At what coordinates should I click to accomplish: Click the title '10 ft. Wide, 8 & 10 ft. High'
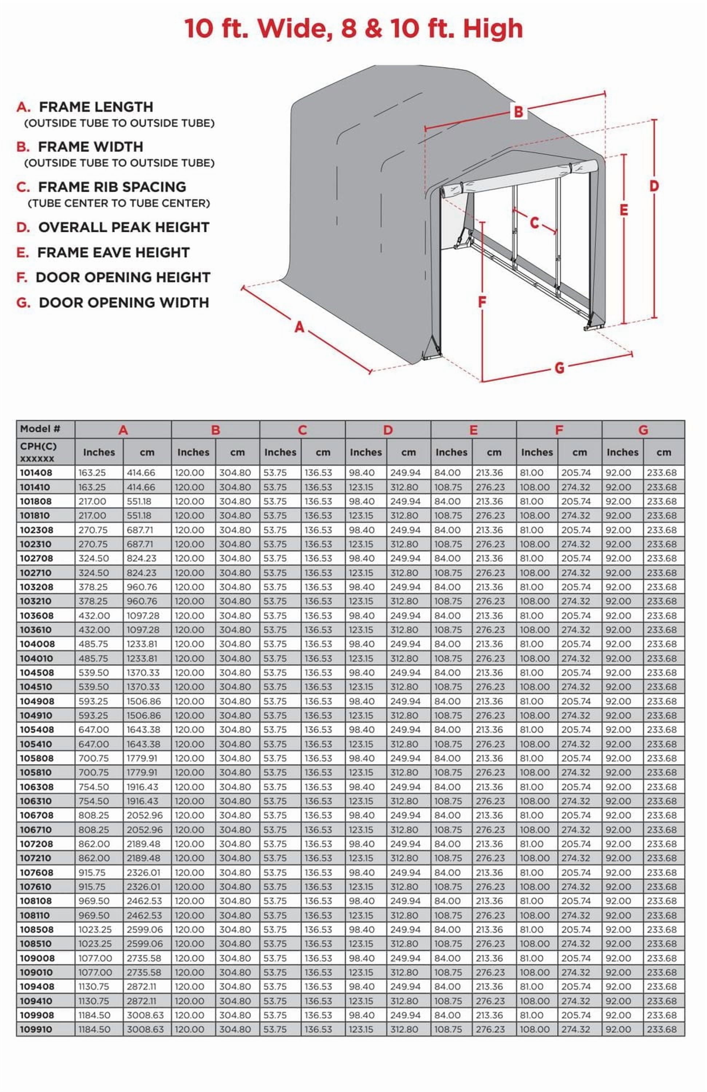click(353, 28)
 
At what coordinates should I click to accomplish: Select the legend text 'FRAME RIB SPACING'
click(112, 187)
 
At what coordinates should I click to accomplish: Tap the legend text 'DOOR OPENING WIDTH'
click(124, 303)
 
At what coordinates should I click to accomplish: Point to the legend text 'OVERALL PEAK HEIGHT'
click(123, 227)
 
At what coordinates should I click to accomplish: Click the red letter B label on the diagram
click(518, 111)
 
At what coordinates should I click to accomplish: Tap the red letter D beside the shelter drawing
click(654, 186)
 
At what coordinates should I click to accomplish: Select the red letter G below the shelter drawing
click(559, 368)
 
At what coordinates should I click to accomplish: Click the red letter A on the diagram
click(299, 327)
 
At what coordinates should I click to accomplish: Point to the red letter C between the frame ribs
click(534, 222)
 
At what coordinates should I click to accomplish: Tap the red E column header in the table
click(474, 430)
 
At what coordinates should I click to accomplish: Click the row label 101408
click(36, 472)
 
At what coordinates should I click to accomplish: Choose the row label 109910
click(36, 1030)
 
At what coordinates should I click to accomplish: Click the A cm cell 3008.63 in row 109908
click(145, 1015)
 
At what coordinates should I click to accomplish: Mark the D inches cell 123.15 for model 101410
click(362, 487)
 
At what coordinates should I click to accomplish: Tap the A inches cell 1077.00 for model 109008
click(95, 958)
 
